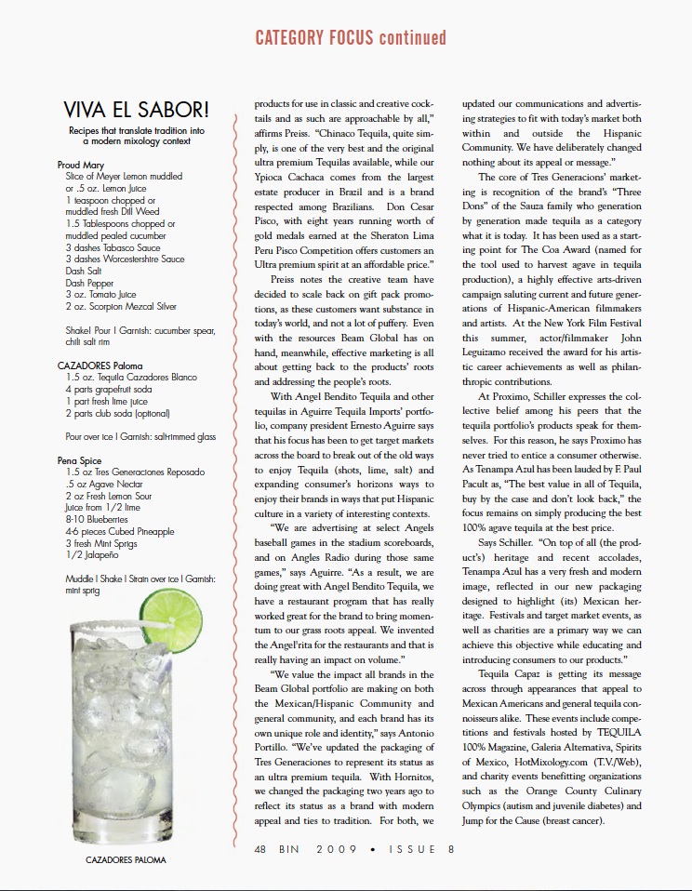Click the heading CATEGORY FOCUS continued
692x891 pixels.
coord(351,38)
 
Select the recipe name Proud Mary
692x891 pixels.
coord(80,165)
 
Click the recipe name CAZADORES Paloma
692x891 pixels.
coord(100,366)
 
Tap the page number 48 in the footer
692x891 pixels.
coord(264,848)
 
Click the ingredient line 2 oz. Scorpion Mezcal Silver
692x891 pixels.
coord(121,306)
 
